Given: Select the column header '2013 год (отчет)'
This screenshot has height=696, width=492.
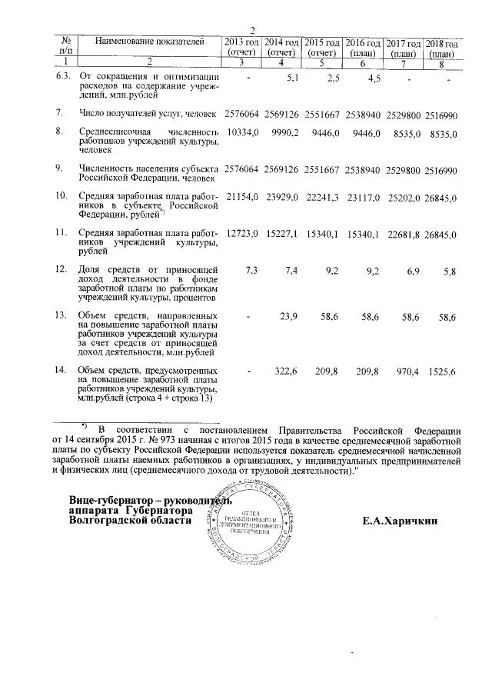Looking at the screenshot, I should pyautogui.click(x=241, y=46).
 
